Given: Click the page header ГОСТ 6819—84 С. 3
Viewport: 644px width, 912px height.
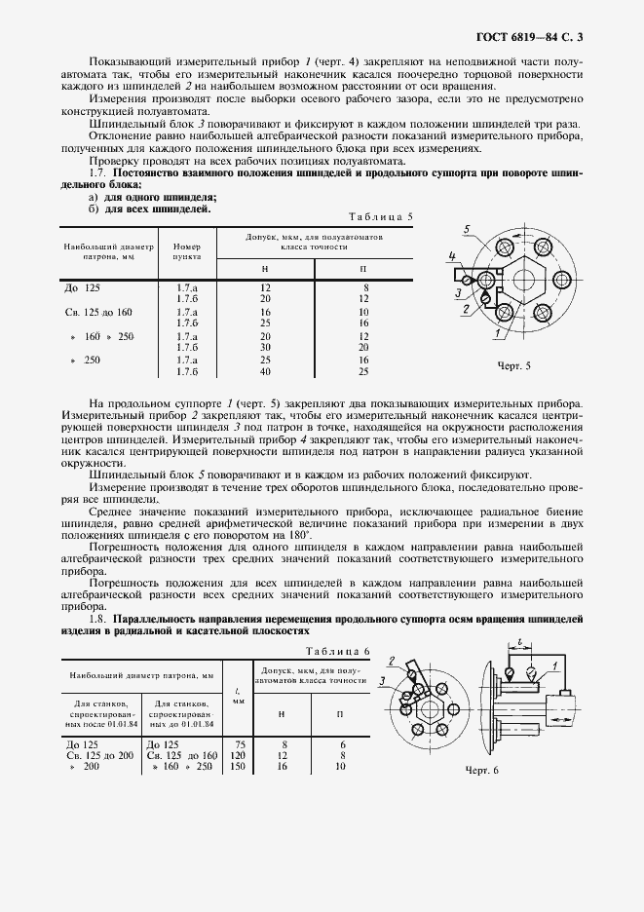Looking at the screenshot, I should click(534, 38).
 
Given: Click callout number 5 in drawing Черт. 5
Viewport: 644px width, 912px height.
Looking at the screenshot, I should click(468, 228).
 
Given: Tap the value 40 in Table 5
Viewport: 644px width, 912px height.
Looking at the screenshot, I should click(265, 371).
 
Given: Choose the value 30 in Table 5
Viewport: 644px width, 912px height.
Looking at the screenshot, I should click(265, 346).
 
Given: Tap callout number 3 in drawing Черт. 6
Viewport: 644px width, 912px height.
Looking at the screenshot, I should click(383, 681).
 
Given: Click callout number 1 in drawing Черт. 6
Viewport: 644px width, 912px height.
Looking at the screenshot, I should click(552, 665).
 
